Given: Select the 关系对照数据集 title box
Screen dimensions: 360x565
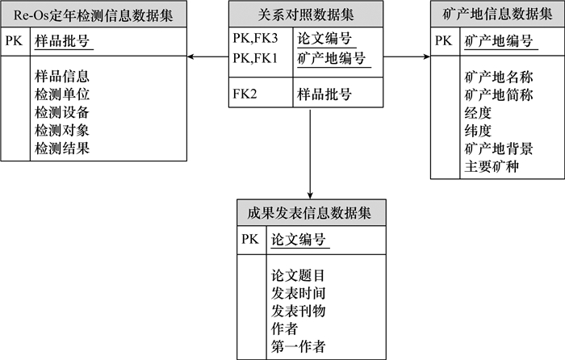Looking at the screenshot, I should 310,14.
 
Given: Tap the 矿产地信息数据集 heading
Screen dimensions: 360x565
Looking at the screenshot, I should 496,14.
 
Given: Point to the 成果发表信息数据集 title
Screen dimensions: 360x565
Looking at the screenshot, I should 310,213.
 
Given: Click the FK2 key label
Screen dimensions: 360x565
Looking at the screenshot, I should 245,94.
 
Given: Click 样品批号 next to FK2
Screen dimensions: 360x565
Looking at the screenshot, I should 324,94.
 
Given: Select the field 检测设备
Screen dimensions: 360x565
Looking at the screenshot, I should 62,112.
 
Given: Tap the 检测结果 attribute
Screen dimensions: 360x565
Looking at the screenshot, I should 62,148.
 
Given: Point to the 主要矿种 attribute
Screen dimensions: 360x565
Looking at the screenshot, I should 492,166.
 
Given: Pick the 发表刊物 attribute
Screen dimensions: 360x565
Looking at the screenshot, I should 299,311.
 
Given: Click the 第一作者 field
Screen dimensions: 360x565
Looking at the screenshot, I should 299,346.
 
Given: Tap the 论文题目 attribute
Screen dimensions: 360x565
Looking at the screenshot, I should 299,275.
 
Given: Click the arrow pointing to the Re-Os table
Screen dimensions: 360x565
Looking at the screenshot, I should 194,57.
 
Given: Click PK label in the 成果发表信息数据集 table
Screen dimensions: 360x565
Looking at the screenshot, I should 249,240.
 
